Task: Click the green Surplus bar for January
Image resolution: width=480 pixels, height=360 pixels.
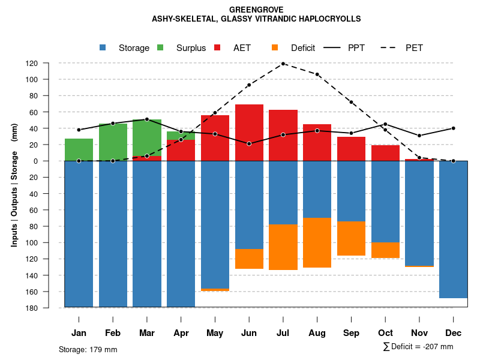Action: [x=79, y=149]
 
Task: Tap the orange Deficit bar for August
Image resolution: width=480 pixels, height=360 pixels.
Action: [x=317, y=242]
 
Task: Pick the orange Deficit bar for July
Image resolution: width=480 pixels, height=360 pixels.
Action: [x=283, y=247]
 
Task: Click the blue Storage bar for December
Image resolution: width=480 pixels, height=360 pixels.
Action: [x=453, y=229]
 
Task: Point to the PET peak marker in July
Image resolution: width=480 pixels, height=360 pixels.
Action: [x=283, y=64]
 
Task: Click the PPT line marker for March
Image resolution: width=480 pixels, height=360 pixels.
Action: [x=147, y=119]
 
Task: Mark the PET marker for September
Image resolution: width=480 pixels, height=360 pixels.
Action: [x=351, y=102]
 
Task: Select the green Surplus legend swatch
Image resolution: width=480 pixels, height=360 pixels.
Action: [x=160, y=48]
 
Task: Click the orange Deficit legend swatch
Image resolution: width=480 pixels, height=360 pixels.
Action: [x=275, y=48]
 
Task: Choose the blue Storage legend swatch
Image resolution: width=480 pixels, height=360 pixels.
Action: [x=103, y=48]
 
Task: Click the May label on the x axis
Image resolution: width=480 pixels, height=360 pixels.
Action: [x=215, y=333]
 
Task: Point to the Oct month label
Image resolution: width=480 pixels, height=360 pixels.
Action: [x=385, y=333]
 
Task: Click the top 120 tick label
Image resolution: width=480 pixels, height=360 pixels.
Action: [x=49, y=63]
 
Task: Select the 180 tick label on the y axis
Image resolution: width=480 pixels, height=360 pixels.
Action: [x=49, y=308]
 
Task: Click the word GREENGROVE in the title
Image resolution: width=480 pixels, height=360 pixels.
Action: [x=256, y=10]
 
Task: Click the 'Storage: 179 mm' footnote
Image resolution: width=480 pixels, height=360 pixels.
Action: [x=88, y=350]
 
